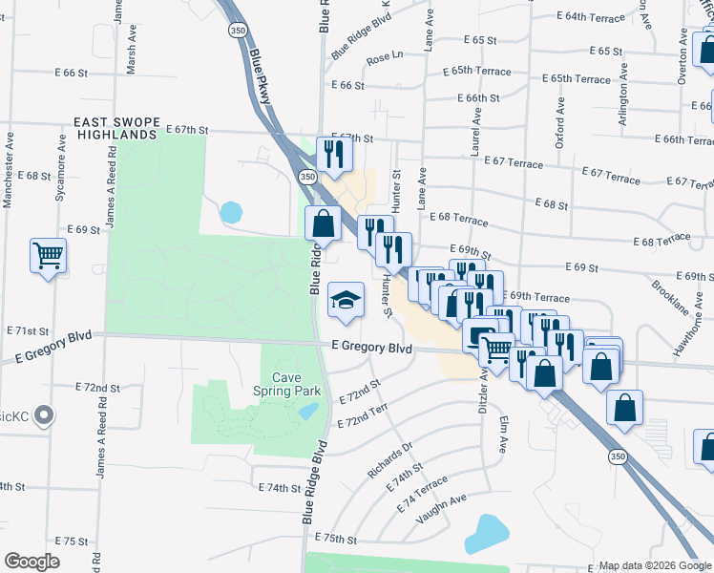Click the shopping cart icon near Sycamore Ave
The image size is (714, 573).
click(x=48, y=256)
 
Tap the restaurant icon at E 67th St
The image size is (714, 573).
click(x=332, y=154)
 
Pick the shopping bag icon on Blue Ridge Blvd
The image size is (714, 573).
click(x=324, y=223)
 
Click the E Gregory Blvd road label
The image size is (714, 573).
click(x=372, y=350)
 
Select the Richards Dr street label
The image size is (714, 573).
click(x=390, y=460)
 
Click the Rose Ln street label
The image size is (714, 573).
click(x=386, y=59)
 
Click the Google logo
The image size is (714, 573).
click(x=31, y=562)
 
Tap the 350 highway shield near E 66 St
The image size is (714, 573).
click(x=237, y=31)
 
